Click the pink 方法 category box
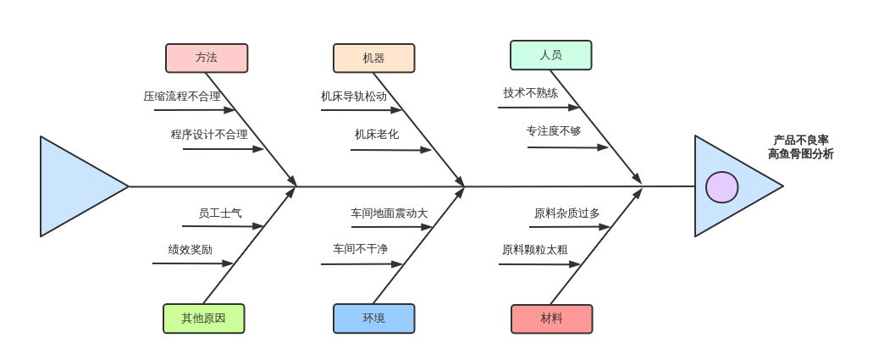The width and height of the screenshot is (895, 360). click(207, 58)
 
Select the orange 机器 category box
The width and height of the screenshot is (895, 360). click(373, 58)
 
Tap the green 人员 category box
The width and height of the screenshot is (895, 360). click(550, 55)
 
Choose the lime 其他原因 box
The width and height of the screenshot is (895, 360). click(203, 318)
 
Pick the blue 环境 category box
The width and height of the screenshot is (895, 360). click(373, 318)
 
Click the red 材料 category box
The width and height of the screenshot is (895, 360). click(551, 319)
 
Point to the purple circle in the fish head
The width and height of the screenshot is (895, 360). click(721, 187)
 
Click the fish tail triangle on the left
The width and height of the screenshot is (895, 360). click(76, 186)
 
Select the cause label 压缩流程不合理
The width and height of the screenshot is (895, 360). click(182, 97)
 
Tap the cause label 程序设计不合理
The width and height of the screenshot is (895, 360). click(209, 134)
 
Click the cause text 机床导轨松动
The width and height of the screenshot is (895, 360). click(354, 97)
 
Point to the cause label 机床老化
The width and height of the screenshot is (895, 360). click(377, 134)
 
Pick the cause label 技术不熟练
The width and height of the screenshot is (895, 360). click(531, 93)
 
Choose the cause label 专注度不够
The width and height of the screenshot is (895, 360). click(554, 131)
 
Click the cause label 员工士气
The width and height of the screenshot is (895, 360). click(220, 213)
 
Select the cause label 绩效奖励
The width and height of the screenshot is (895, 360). click(191, 250)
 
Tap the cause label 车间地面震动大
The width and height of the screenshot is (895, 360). click(389, 213)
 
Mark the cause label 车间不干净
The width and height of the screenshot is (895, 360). click(360, 249)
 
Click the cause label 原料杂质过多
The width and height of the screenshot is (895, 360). click(566, 213)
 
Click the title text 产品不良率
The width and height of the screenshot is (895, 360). click(800, 141)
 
